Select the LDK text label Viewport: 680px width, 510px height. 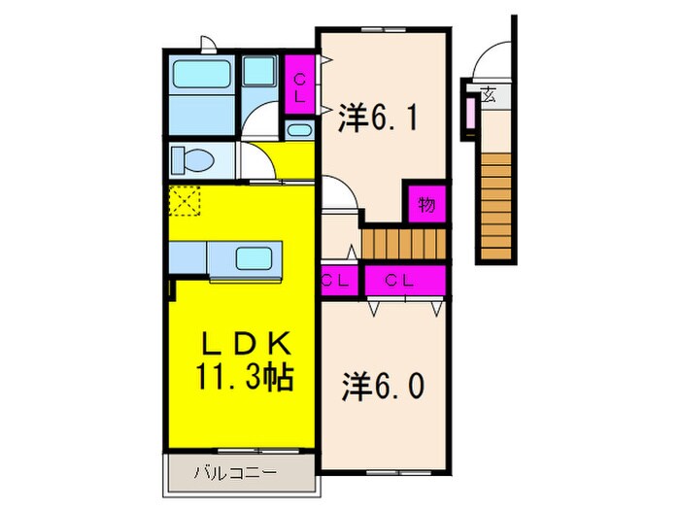pos(243,345)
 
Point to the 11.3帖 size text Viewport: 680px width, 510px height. pos(244,377)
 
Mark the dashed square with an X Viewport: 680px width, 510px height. pos(184,203)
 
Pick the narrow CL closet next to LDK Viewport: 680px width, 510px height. pos(337,280)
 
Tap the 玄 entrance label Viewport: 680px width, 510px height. pos(489,95)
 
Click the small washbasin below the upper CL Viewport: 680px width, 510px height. pos(299,131)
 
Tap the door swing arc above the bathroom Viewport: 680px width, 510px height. pos(208,42)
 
